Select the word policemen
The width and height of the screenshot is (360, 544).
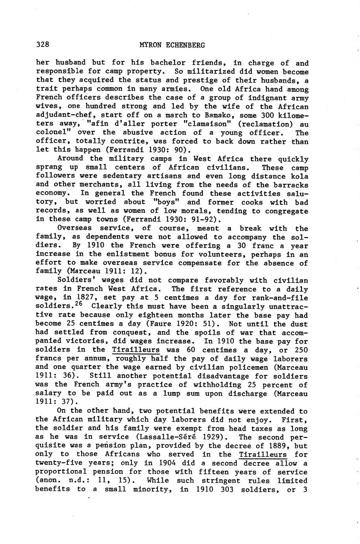pyautogui.click(x=234, y=367)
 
